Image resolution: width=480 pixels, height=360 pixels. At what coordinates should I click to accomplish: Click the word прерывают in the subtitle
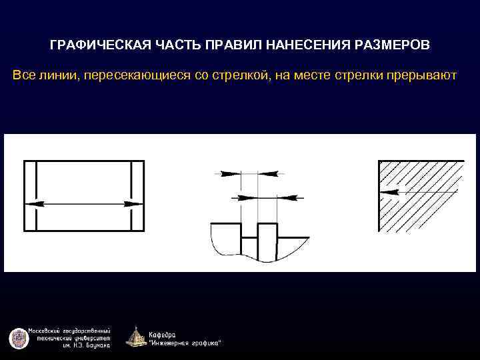pyautogui.click(x=420, y=75)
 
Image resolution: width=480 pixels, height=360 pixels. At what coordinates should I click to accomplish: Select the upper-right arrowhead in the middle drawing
pyautogui.click(x=267, y=173)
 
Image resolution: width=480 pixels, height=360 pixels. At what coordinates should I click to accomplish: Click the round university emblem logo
pyautogui.click(x=17, y=338)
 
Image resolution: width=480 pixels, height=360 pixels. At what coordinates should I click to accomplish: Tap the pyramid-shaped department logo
pyautogui.click(x=135, y=337)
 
